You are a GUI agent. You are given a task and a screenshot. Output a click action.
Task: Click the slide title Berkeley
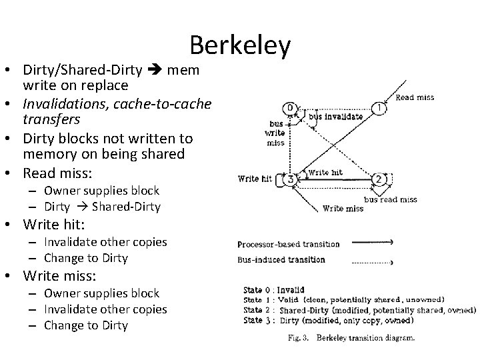coord(240,45)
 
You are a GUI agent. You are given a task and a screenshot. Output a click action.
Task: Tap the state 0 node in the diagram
coord(290,108)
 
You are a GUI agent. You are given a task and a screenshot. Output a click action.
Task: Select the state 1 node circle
coord(379,109)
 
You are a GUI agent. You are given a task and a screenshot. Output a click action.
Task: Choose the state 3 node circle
coord(290,179)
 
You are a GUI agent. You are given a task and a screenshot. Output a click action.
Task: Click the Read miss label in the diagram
coord(415,97)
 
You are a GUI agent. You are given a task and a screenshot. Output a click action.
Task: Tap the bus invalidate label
coord(336,117)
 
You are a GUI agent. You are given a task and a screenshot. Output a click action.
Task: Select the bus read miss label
coord(390,199)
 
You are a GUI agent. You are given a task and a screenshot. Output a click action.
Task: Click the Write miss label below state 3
coord(343,208)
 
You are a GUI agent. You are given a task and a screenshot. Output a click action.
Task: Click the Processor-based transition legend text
coord(288,243)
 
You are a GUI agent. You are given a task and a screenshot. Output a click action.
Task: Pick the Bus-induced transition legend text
coord(281,259)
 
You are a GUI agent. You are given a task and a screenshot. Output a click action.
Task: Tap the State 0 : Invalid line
coord(273,290)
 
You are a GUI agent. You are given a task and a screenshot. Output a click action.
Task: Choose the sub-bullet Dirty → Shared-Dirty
coord(102,206)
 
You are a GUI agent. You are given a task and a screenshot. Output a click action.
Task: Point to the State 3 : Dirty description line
coord(353,320)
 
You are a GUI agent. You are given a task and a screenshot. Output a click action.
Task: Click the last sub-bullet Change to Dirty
coord(85,325)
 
